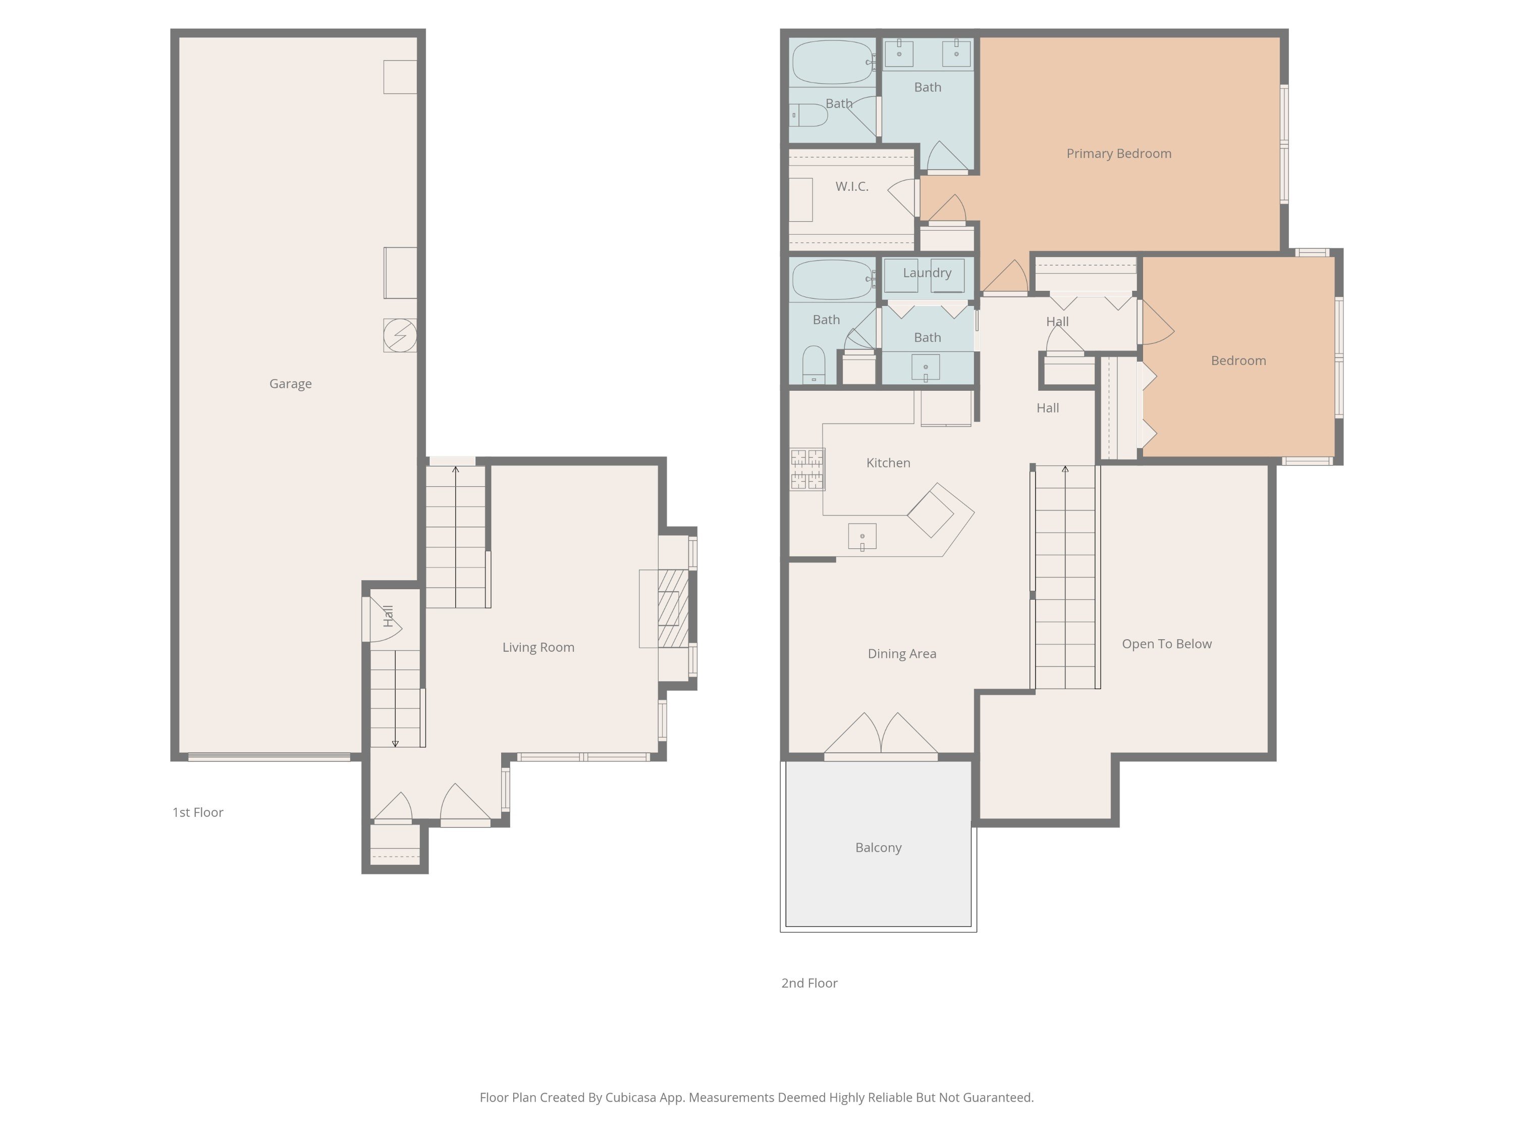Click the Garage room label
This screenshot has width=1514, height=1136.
[x=290, y=383]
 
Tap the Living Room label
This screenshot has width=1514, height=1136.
[x=538, y=647]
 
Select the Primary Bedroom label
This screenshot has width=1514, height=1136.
[x=1118, y=153]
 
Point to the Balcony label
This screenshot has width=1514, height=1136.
[x=878, y=848]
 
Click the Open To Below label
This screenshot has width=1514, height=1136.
[x=1166, y=644]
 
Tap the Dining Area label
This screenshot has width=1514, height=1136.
[x=901, y=654]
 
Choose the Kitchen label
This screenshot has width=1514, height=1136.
[x=888, y=463]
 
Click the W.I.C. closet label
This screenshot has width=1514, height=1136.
[x=851, y=186]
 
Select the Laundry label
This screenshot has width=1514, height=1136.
[x=927, y=273]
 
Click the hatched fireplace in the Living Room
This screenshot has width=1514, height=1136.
[x=673, y=609]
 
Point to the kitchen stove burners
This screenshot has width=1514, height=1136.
[x=807, y=469]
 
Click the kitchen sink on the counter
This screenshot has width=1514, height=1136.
[x=862, y=537]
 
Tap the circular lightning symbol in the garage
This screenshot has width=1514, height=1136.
[x=400, y=336]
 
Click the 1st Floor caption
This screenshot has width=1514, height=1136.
[x=198, y=812]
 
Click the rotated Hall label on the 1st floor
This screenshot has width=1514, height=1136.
[x=388, y=615]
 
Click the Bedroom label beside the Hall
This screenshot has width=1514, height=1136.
[x=1238, y=361]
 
